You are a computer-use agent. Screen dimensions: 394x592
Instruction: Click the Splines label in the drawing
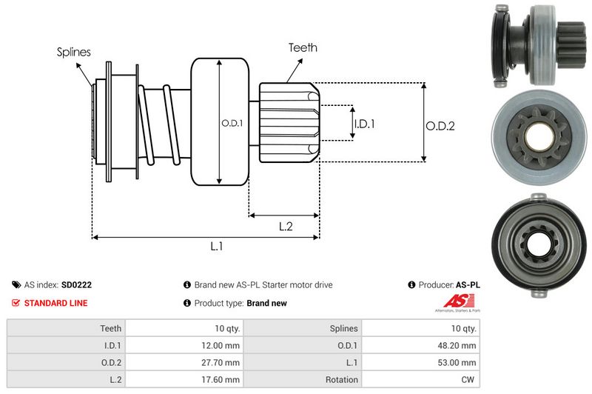73,52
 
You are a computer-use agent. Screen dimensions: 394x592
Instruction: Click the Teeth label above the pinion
303,47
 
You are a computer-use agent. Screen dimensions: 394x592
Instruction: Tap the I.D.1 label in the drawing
364,124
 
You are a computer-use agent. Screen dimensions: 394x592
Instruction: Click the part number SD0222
76,284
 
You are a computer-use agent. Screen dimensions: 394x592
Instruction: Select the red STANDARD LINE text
55,303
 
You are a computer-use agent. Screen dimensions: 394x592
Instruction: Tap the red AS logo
453,301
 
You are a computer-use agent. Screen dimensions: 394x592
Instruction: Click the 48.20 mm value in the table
460,345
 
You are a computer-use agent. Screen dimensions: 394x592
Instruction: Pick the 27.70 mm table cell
223,362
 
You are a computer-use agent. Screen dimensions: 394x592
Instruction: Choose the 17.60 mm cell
223,379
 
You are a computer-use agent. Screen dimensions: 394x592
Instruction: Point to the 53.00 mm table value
460,362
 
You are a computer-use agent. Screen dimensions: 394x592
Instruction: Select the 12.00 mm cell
223,345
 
